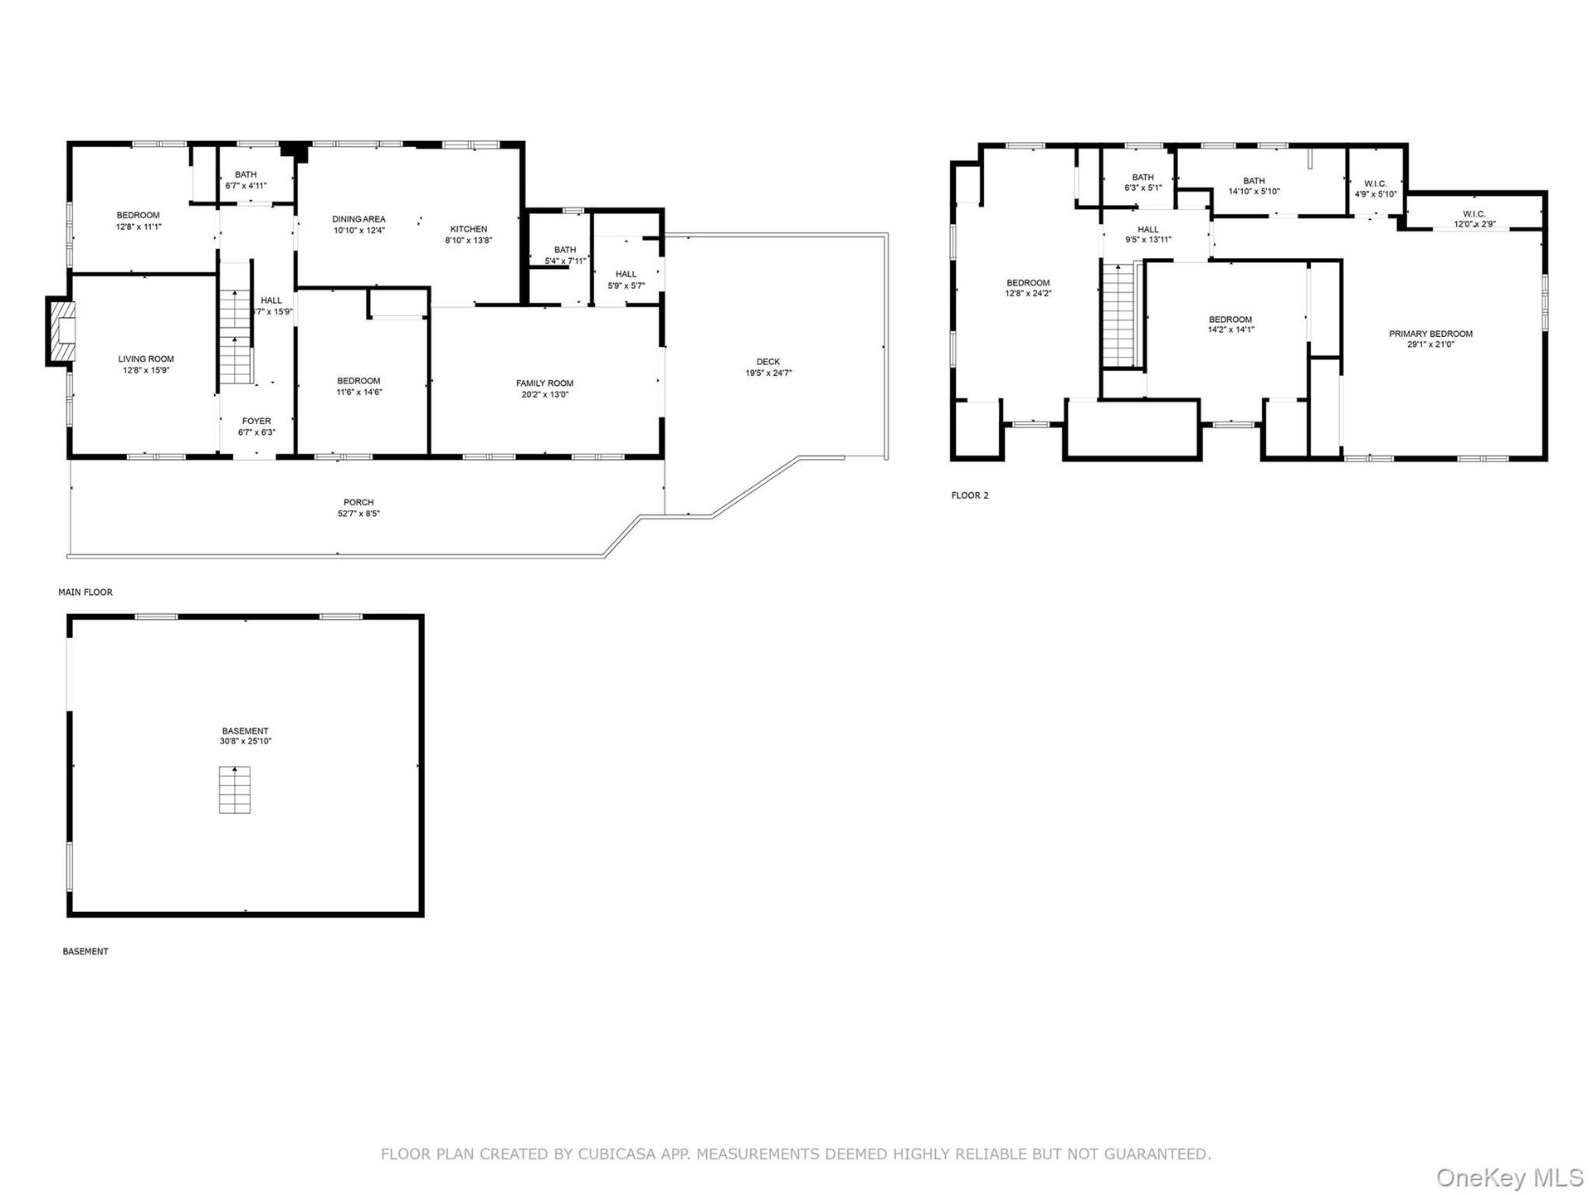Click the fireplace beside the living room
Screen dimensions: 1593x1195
(61, 330)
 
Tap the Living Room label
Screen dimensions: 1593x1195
(146, 359)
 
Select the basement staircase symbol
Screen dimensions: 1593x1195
(235, 790)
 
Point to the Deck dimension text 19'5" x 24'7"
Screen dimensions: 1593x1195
(768, 373)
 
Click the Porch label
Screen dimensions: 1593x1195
(358, 502)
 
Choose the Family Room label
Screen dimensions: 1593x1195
(545, 383)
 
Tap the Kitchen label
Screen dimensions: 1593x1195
(469, 229)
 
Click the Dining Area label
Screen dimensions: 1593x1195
(359, 219)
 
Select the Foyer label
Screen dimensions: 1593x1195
(256, 421)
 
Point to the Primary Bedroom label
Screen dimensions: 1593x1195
(1431, 334)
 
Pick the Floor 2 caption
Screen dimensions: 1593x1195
(970, 495)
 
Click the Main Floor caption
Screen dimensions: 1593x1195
(85, 593)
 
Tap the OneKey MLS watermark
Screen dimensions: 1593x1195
(1509, 1178)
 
